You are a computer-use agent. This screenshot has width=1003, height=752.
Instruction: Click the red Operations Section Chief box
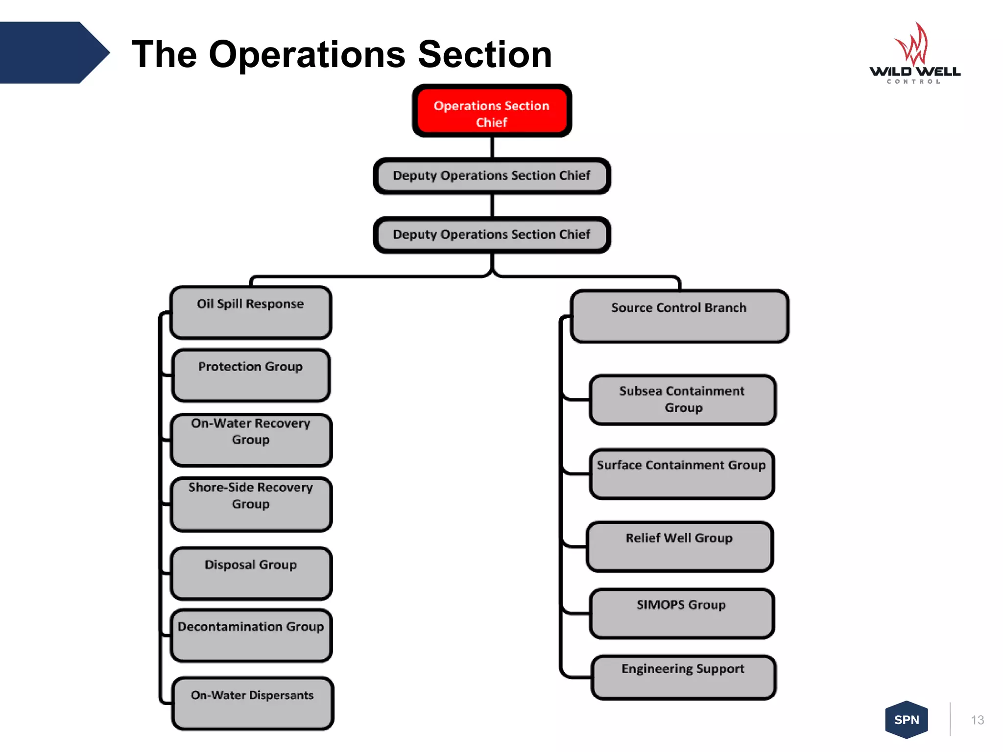point(492,111)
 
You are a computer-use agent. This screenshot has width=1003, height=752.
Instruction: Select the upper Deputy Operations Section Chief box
point(492,176)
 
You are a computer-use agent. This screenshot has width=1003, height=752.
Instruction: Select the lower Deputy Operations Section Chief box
point(492,235)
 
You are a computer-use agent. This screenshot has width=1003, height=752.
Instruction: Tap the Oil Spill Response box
point(251,313)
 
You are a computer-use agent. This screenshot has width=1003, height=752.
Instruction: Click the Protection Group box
point(251,376)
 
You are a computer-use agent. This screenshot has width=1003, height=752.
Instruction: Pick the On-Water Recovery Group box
point(251,440)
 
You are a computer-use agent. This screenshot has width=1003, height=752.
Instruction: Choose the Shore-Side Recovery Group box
point(251,504)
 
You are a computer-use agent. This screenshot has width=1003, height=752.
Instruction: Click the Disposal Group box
point(251,573)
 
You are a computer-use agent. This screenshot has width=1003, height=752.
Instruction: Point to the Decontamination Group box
point(251,635)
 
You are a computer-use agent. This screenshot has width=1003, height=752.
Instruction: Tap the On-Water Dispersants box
point(253,704)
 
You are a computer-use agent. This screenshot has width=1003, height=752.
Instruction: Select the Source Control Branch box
point(679,316)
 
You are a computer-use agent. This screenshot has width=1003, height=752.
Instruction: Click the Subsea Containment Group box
point(682,399)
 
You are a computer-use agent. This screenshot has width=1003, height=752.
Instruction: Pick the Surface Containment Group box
point(682,474)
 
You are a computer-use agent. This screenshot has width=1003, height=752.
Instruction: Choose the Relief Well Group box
point(679,546)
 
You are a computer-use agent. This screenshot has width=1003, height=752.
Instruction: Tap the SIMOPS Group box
point(682,613)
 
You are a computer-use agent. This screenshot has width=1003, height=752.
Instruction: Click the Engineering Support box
point(683,677)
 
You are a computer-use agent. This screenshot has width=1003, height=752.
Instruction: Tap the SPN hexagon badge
point(907,720)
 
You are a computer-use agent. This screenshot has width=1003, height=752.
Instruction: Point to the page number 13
point(977,720)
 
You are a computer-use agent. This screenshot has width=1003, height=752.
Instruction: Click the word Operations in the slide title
point(307,54)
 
